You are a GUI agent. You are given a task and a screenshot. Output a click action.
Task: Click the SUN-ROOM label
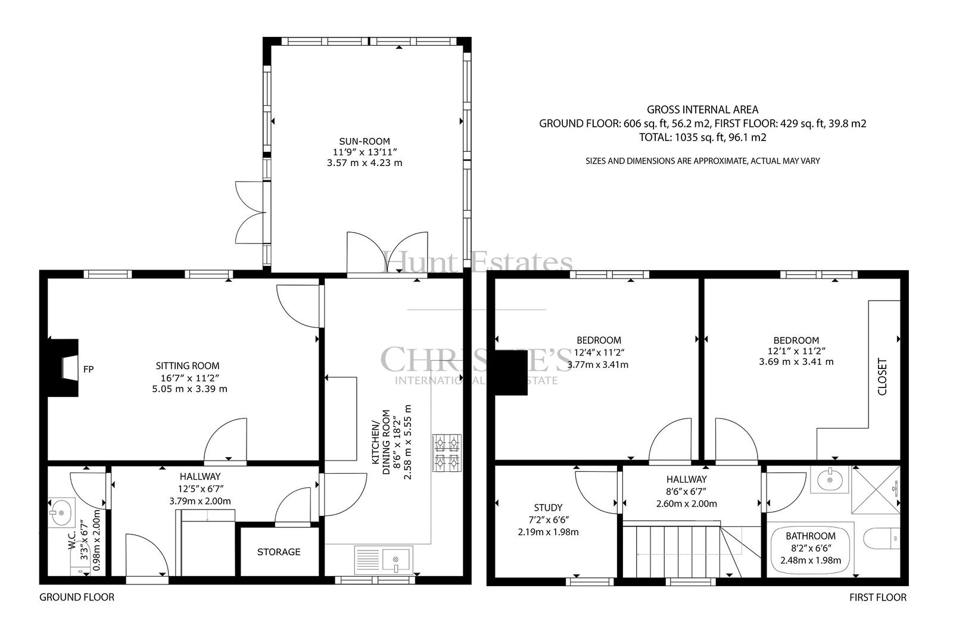pos(364,141)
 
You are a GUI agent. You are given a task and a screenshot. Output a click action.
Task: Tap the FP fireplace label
pos(88,370)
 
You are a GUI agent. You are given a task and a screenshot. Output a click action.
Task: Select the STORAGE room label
pos(279,552)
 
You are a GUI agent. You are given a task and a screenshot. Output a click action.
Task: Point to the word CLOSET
pos(882,377)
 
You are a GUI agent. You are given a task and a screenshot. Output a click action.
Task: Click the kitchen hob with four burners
pos(447,453)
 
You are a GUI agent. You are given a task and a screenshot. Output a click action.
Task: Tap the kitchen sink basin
pos(395,560)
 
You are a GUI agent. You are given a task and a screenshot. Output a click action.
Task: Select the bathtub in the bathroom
pos(811,549)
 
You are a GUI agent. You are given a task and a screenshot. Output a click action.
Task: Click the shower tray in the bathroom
pos(876,490)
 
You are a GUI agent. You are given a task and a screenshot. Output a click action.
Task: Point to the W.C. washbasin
pos(61,512)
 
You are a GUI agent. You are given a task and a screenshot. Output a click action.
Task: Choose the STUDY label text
pos(548,508)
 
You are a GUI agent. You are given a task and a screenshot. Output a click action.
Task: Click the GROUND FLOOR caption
pos(77,597)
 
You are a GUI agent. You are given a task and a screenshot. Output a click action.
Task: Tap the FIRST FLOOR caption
pos(878,597)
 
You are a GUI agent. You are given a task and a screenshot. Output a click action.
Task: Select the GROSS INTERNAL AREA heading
pos(702,110)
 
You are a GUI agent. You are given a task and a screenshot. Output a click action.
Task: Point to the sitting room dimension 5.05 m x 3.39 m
pos(190,389)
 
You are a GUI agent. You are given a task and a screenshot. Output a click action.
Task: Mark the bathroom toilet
pos(882,538)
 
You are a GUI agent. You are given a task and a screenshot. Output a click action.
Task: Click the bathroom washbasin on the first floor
pos(829,480)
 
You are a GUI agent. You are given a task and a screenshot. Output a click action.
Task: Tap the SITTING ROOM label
pos(188,365)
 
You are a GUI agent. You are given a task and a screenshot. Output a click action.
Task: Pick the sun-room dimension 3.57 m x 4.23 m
pos(365,163)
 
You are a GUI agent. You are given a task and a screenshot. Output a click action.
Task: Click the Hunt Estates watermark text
pos(477,261)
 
